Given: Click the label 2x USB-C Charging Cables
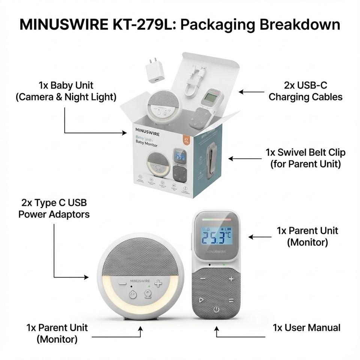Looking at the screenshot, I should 305,91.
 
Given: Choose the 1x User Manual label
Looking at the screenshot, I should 306,327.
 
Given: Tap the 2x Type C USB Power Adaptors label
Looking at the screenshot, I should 54,208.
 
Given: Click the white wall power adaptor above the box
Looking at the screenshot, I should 154,70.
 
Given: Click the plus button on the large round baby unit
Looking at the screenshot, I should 158,283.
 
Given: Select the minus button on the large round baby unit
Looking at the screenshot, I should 123,284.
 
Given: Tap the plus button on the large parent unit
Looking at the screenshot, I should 231,279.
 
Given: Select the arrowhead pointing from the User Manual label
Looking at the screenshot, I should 216,329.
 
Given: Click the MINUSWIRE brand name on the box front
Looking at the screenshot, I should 147,133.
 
